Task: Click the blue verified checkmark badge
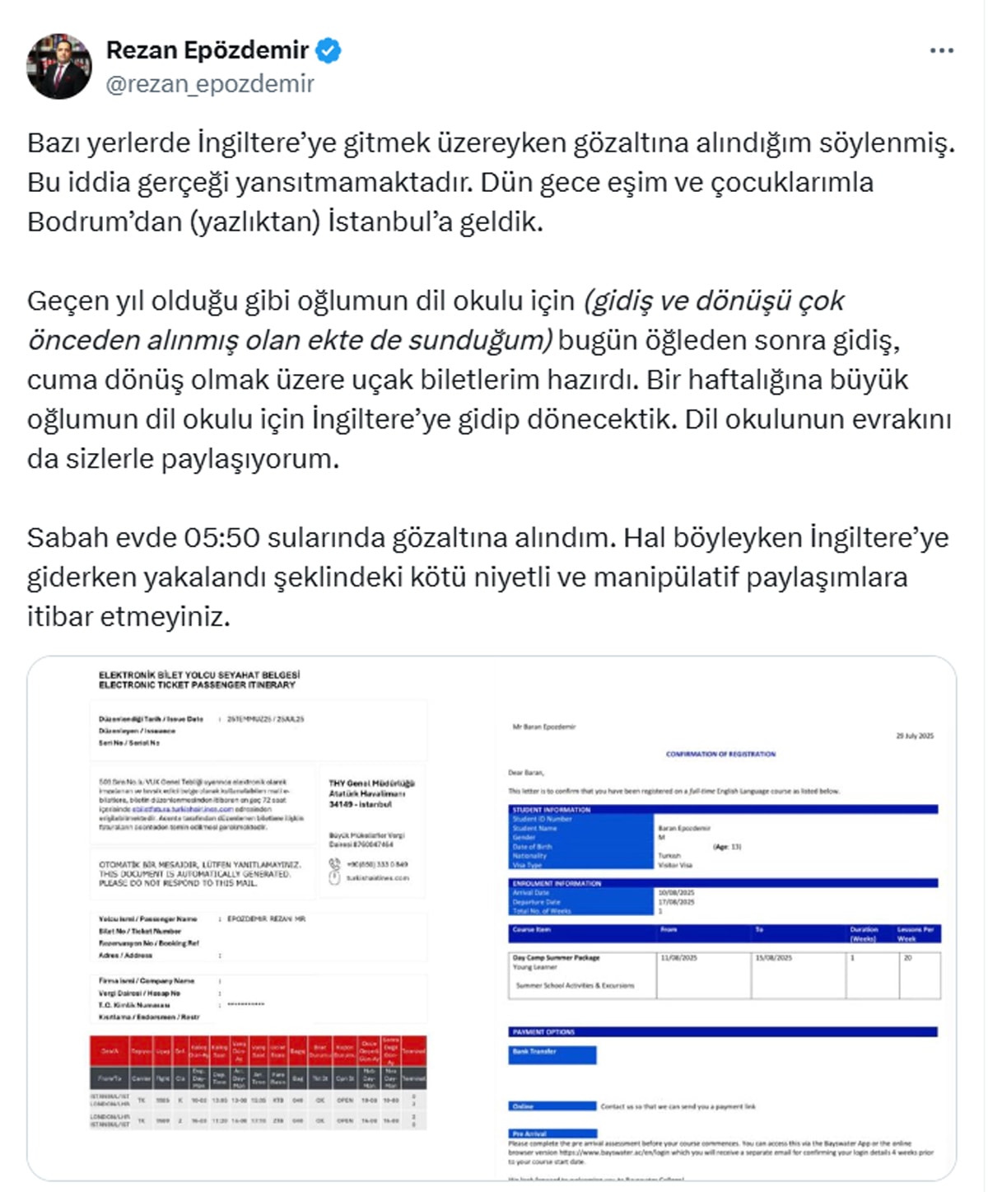[329, 51]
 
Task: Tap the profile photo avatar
[58, 67]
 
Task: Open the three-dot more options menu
[941, 51]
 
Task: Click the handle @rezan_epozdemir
[210, 84]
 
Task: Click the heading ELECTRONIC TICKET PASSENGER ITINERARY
[197, 685]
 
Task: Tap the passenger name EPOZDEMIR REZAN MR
[266, 919]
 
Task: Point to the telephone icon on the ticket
[334, 863]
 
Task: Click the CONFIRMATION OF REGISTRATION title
[720, 754]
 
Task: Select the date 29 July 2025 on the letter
[914, 736]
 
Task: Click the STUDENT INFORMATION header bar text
[552, 810]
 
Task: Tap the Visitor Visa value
[675, 865]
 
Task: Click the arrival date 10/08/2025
[676, 893]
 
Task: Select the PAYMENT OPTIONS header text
[543, 1032]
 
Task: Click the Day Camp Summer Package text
[556, 958]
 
